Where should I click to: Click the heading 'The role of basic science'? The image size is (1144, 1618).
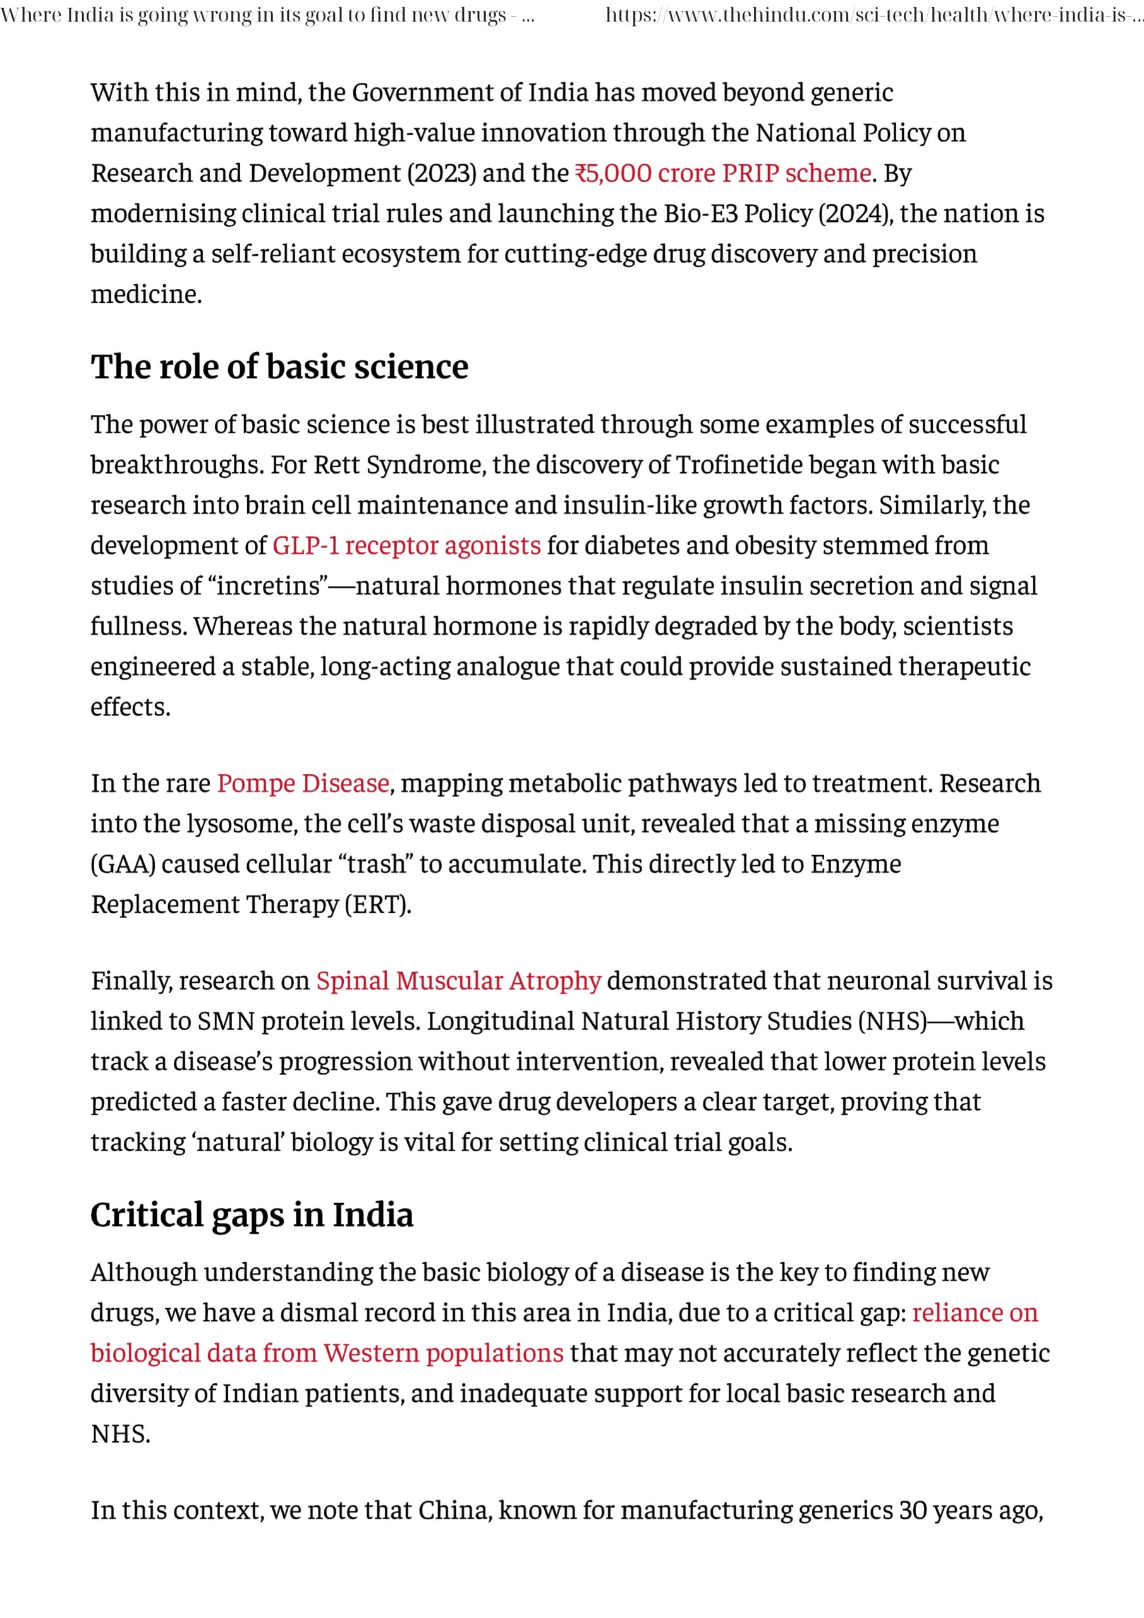click(279, 367)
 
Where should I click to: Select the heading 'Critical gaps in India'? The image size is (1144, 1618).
click(252, 1215)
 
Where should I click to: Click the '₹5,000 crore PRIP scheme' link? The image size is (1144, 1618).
click(722, 173)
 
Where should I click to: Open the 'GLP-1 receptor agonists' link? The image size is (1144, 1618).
click(406, 545)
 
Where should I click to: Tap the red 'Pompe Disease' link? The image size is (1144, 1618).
click(303, 784)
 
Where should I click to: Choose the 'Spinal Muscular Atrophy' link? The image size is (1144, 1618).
click(458, 981)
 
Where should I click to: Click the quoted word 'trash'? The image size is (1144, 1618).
click(367, 865)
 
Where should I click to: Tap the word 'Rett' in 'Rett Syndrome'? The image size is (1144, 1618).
click(331, 465)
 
